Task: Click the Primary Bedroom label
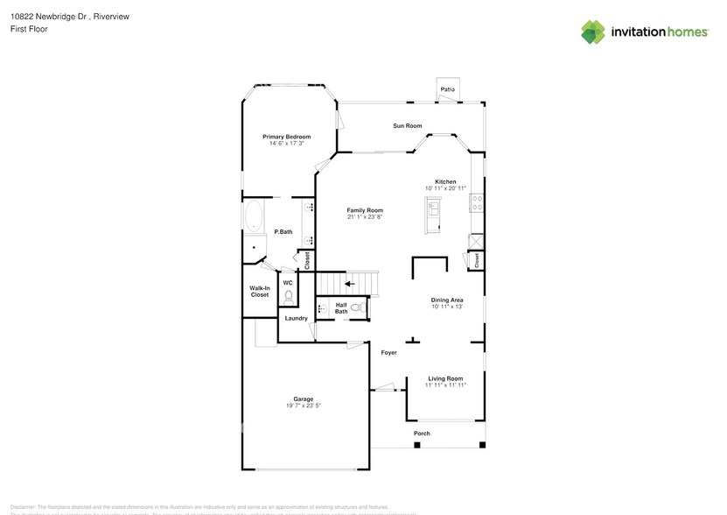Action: click(287, 137)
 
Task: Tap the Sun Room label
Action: click(408, 126)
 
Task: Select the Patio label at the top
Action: click(448, 89)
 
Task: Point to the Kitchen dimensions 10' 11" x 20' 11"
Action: click(446, 188)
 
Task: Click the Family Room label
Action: click(365, 210)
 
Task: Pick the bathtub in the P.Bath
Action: click(255, 216)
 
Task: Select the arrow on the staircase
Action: click(350, 284)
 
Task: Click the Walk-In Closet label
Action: click(260, 292)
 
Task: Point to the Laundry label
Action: click(296, 318)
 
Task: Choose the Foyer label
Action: click(388, 353)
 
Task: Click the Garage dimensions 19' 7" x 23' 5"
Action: click(303, 406)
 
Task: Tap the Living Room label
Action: click(444, 378)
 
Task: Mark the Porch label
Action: click(422, 434)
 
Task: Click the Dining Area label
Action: click(446, 300)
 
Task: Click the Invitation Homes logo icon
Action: click(593, 32)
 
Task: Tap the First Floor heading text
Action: click(29, 29)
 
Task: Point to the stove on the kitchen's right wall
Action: click(477, 203)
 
